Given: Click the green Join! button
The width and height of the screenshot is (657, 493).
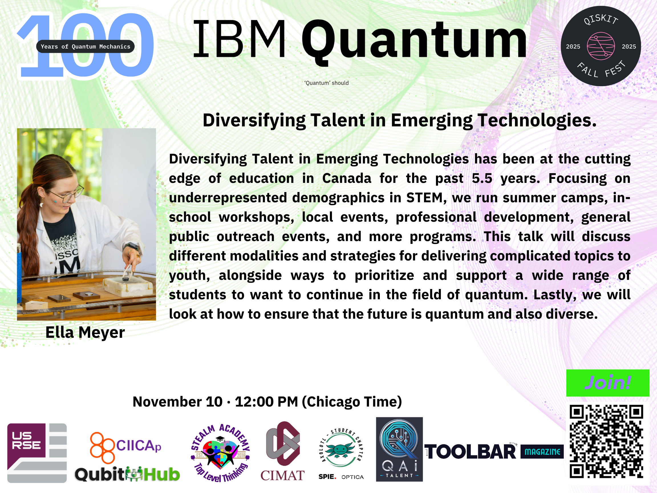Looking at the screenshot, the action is pyautogui.click(x=608, y=383).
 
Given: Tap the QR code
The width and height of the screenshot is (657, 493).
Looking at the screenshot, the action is pyautogui.click(x=606, y=441).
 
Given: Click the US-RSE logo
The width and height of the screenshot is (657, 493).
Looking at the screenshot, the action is pyautogui.click(x=37, y=453).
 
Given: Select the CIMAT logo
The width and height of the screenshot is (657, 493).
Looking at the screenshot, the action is pyautogui.click(x=283, y=451).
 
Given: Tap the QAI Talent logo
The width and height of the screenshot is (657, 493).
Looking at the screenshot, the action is pyautogui.click(x=399, y=449).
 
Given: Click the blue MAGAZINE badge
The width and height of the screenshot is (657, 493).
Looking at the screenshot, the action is pyautogui.click(x=542, y=452).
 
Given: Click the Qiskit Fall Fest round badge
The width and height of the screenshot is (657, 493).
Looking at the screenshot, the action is pyautogui.click(x=601, y=46).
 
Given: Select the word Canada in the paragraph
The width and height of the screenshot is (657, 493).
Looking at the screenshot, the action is pyautogui.click(x=347, y=178).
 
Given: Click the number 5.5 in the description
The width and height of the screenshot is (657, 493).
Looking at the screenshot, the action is pyautogui.click(x=482, y=178).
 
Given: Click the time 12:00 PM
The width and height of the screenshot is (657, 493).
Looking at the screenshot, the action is pyautogui.click(x=266, y=402).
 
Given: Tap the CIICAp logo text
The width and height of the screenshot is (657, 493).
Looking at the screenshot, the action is pyautogui.click(x=138, y=446).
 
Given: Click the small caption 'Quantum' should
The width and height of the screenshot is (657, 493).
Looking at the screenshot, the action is pyautogui.click(x=327, y=83).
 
